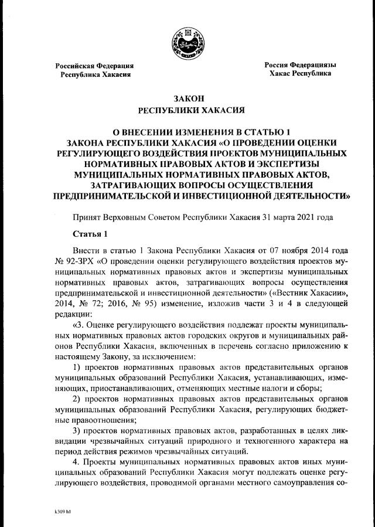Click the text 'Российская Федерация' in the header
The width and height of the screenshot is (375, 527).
(x=94, y=66)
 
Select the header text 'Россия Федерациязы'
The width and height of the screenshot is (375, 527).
(x=300, y=65)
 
